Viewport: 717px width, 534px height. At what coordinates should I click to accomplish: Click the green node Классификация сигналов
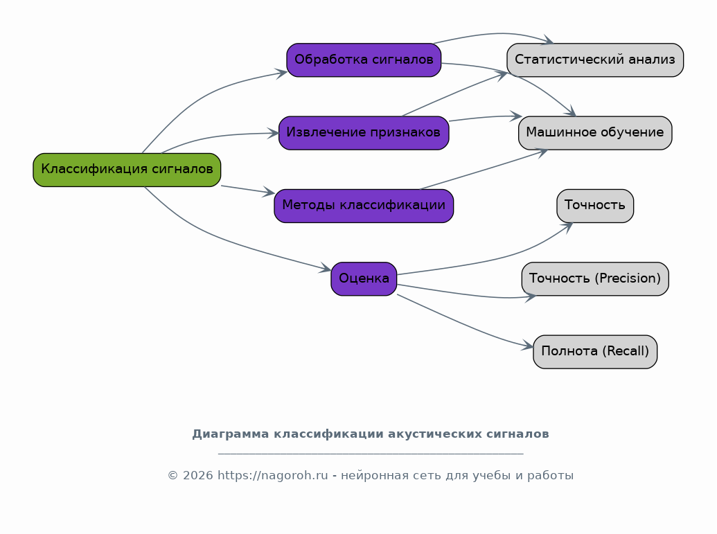127,170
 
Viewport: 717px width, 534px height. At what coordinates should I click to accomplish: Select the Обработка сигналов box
364,60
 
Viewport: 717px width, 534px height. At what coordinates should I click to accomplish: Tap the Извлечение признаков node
364,132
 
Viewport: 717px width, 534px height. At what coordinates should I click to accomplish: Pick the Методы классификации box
364,206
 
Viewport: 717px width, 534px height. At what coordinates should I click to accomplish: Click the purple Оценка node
364,279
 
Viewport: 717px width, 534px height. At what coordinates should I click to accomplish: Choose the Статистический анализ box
595,60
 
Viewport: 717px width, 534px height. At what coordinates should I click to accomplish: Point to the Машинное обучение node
595,132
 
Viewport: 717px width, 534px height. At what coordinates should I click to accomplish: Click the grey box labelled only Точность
595,206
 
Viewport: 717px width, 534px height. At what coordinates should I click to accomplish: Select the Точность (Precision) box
595,279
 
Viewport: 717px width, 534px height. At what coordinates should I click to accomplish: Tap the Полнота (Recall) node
595,352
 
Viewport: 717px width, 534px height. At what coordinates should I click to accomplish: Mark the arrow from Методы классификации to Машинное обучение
484,169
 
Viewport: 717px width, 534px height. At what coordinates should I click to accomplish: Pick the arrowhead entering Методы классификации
269,193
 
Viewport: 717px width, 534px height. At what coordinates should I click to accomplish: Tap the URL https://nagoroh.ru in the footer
272,476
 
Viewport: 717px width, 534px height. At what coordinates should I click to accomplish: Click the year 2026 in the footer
197,476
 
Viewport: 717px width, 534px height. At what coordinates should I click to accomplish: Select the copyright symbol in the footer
173,476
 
